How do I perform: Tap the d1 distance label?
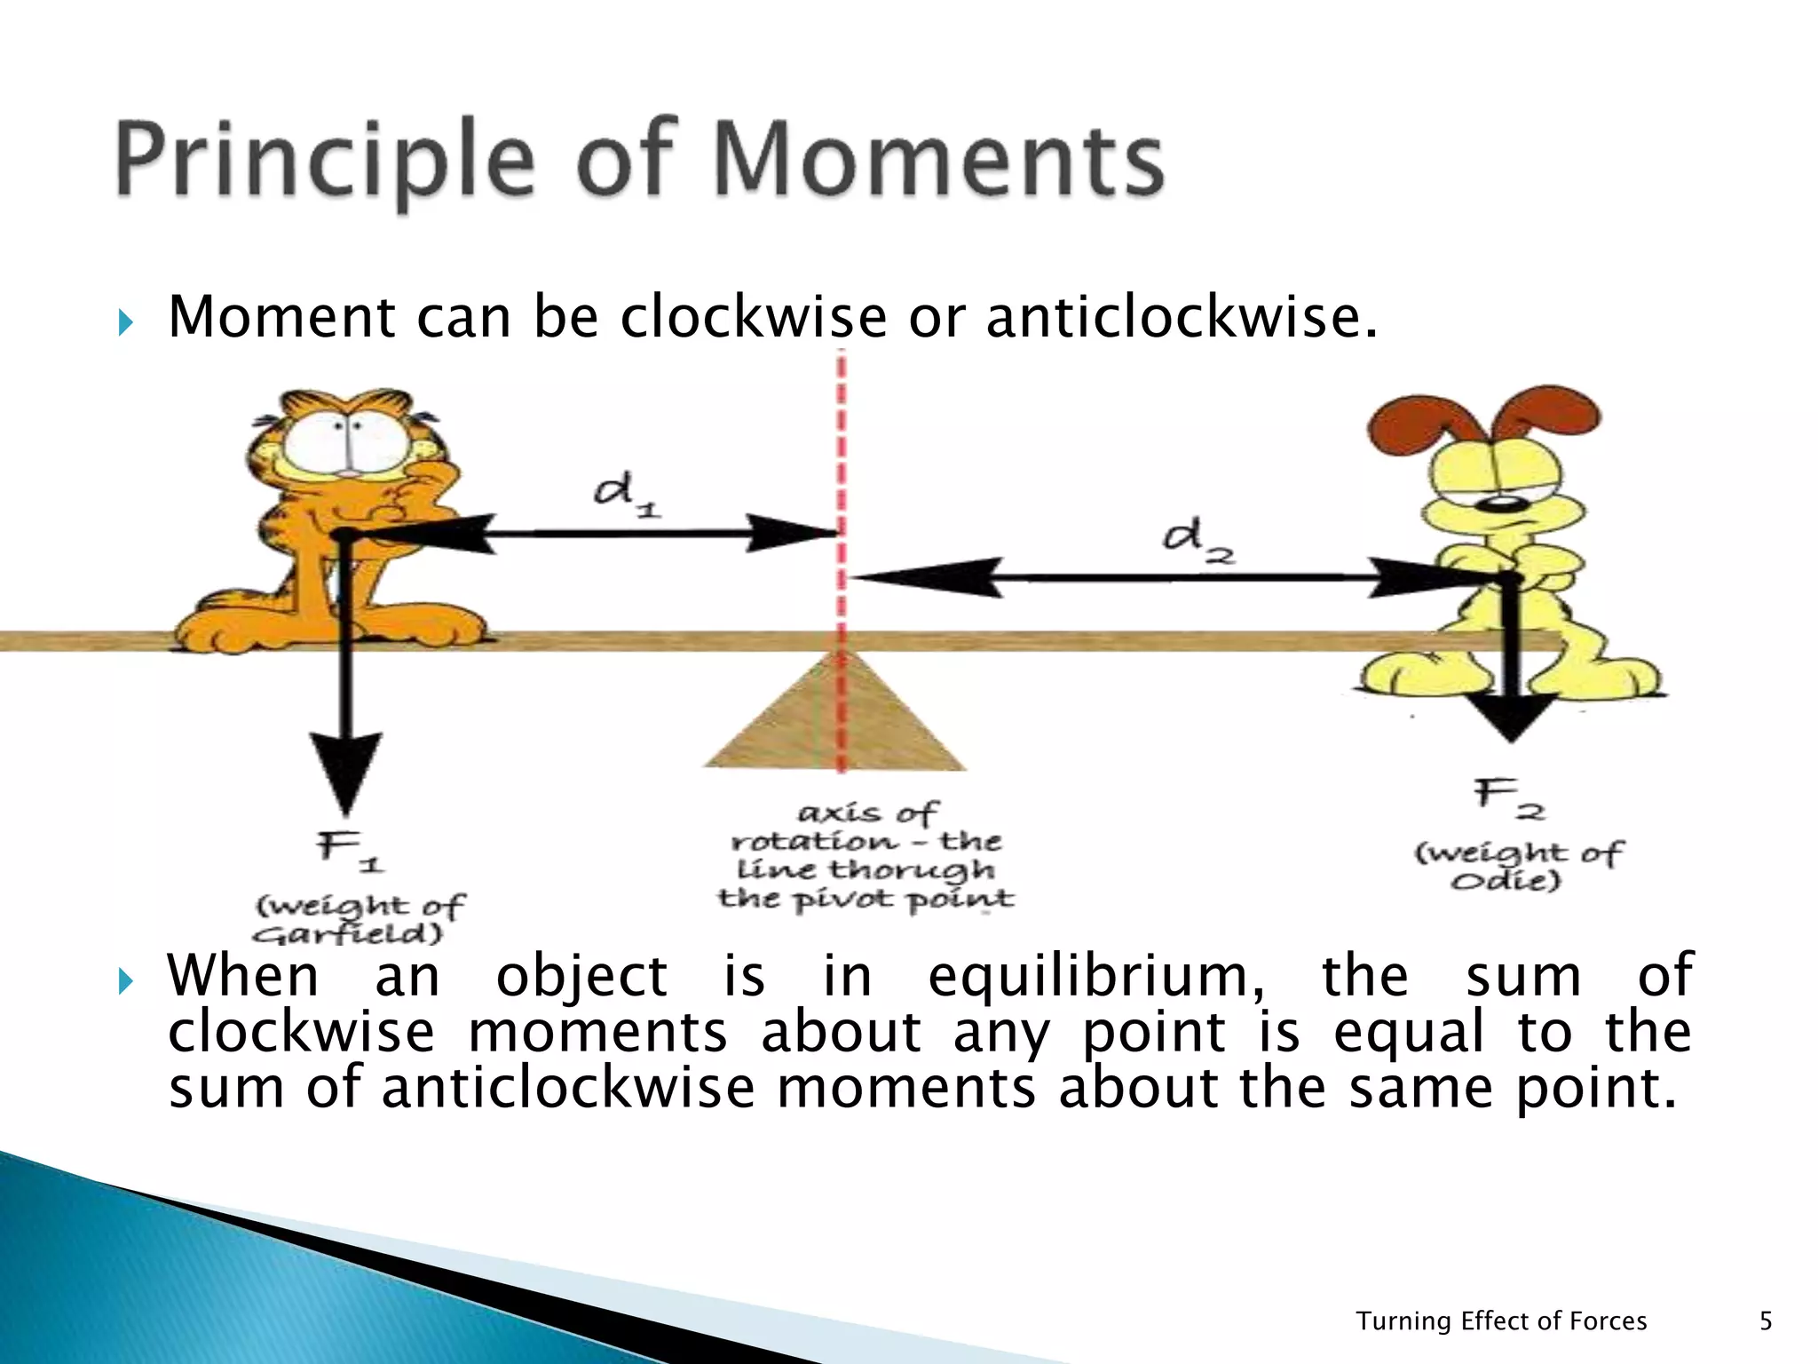(x=626, y=496)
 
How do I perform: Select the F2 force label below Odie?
(x=1509, y=797)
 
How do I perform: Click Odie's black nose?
(x=1504, y=504)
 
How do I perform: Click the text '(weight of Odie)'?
(x=1518, y=867)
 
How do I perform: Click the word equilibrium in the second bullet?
(x=1096, y=976)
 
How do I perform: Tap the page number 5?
(x=1766, y=1320)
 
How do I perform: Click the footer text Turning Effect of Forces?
(x=1501, y=1320)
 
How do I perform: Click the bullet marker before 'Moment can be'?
(x=125, y=322)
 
